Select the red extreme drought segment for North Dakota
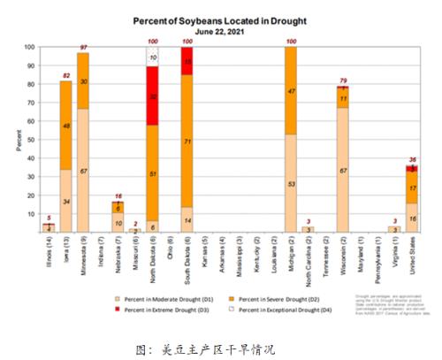(x=152, y=96)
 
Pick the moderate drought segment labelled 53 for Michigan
(x=290, y=183)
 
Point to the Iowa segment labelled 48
(x=65, y=126)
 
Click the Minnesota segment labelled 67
(x=82, y=171)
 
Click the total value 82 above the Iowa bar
(x=65, y=74)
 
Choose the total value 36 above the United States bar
(x=411, y=159)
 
